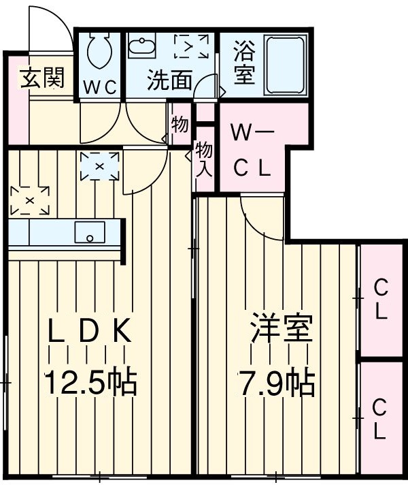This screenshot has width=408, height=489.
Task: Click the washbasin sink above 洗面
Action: pyautogui.click(x=143, y=47)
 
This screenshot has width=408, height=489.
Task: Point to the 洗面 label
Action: pyautogui.click(x=170, y=81)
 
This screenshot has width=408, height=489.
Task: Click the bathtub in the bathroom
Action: pyautogui.click(x=285, y=65)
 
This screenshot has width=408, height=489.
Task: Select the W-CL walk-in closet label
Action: pyautogui.click(x=251, y=150)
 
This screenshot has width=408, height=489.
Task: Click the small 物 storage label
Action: pyautogui.click(x=180, y=125)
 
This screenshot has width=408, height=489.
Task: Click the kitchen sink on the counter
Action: pyautogui.click(x=90, y=232)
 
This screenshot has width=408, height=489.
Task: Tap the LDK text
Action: pyautogui.click(x=90, y=333)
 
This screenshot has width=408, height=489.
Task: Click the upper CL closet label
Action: pyautogui.click(x=381, y=300)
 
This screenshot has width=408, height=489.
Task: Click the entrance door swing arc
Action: pyautogui.click(x=48, y=27)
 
